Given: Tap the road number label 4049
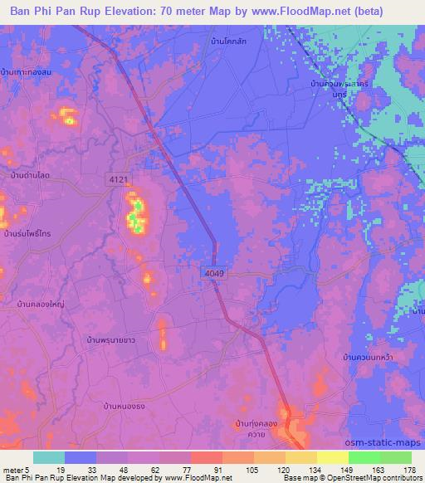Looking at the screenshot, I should (212, 272).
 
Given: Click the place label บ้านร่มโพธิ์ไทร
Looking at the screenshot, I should (27, 235).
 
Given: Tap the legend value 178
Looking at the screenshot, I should (409, 469).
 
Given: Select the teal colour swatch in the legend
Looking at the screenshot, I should (48, 457).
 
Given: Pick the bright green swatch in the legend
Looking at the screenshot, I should (364, 457).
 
